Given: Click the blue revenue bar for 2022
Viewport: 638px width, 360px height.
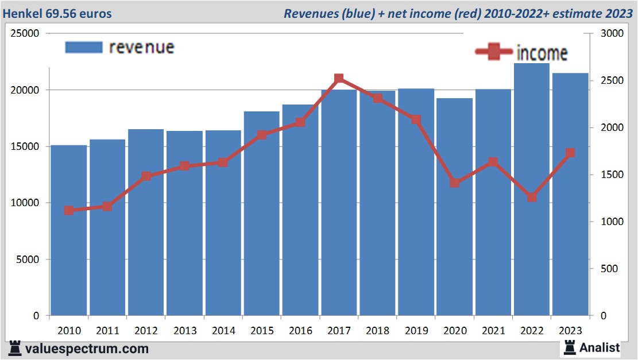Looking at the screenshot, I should point(531,189).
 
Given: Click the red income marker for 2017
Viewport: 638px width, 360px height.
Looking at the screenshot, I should point(339,79).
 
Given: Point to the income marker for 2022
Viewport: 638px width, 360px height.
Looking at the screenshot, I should point(532,197).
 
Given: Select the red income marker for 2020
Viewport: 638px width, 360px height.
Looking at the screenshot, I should point(455,183).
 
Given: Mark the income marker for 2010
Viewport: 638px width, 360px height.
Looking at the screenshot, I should point(69,210).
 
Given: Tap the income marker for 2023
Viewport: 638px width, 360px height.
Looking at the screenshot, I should point(570,153).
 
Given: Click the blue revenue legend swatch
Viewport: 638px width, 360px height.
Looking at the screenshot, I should point(84,47).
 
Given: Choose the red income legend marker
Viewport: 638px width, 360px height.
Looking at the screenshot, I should point(494,52).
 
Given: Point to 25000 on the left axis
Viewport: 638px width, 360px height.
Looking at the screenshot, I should point(25,33).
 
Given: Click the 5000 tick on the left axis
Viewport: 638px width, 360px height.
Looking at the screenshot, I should point(28,260).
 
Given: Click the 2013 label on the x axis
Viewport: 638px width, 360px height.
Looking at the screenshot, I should point(184,331).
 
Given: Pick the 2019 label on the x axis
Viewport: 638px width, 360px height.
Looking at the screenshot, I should point(416,331).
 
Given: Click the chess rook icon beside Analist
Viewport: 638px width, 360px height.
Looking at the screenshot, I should point(570,347).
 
